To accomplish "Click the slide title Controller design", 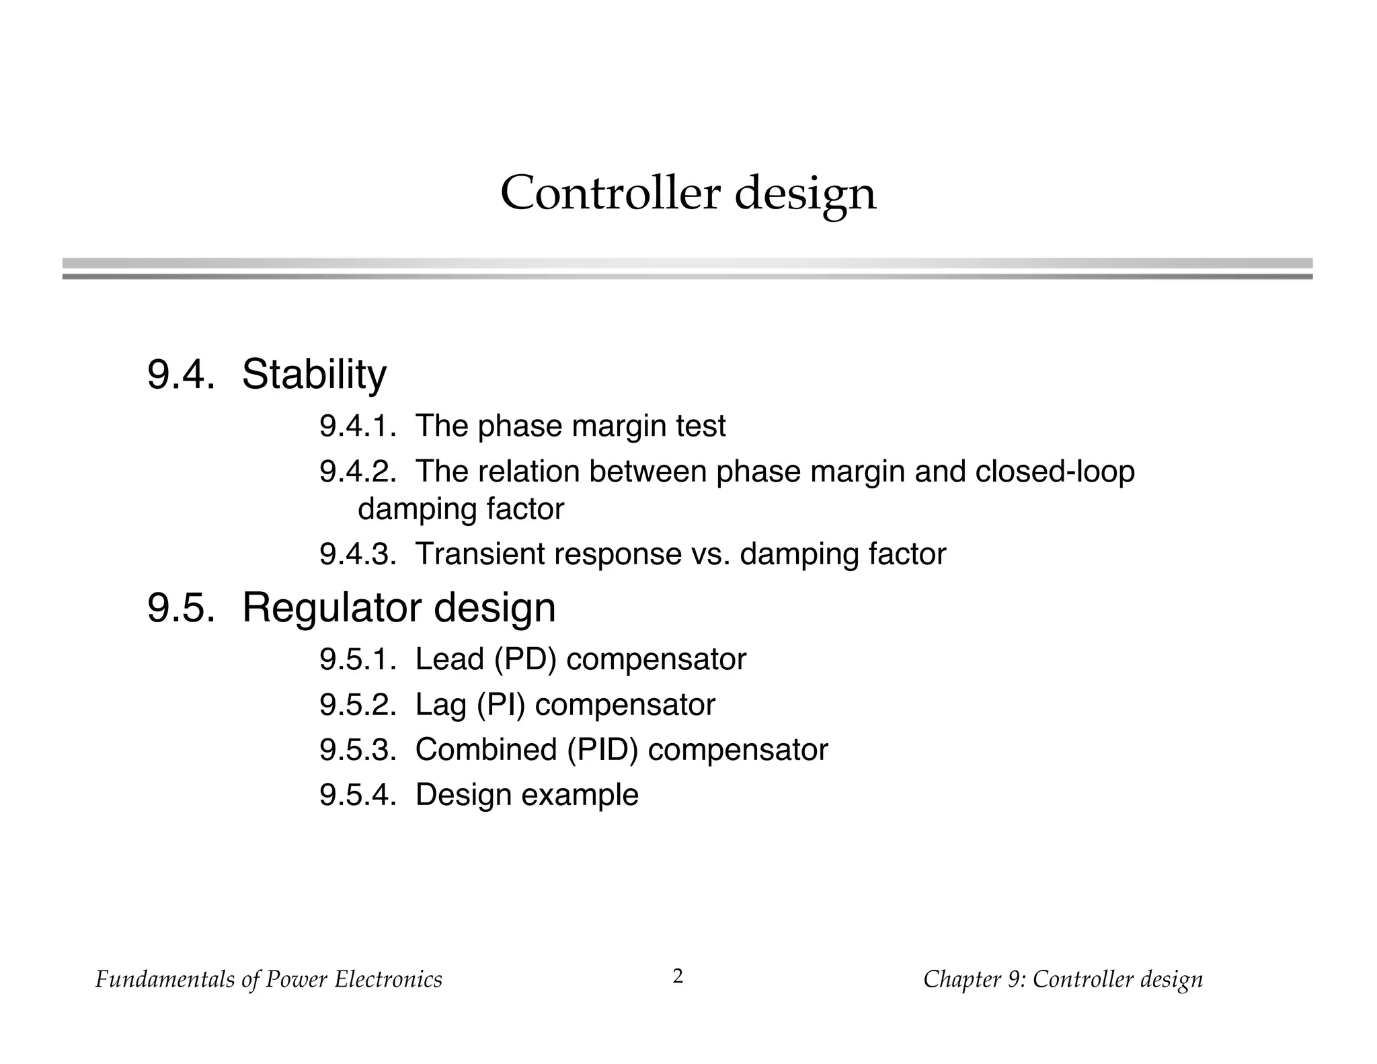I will (688, 193).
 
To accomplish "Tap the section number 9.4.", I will (180, 375).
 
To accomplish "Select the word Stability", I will (314, 375).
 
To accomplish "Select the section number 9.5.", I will (180, 608).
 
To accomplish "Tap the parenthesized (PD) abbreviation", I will (525, 659).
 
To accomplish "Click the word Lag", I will (441, 705).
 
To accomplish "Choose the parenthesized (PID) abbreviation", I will (602, 750).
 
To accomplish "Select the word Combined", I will (485, 750).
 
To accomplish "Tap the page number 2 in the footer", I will (678, 976).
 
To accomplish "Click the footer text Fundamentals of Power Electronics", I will (269, 979).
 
